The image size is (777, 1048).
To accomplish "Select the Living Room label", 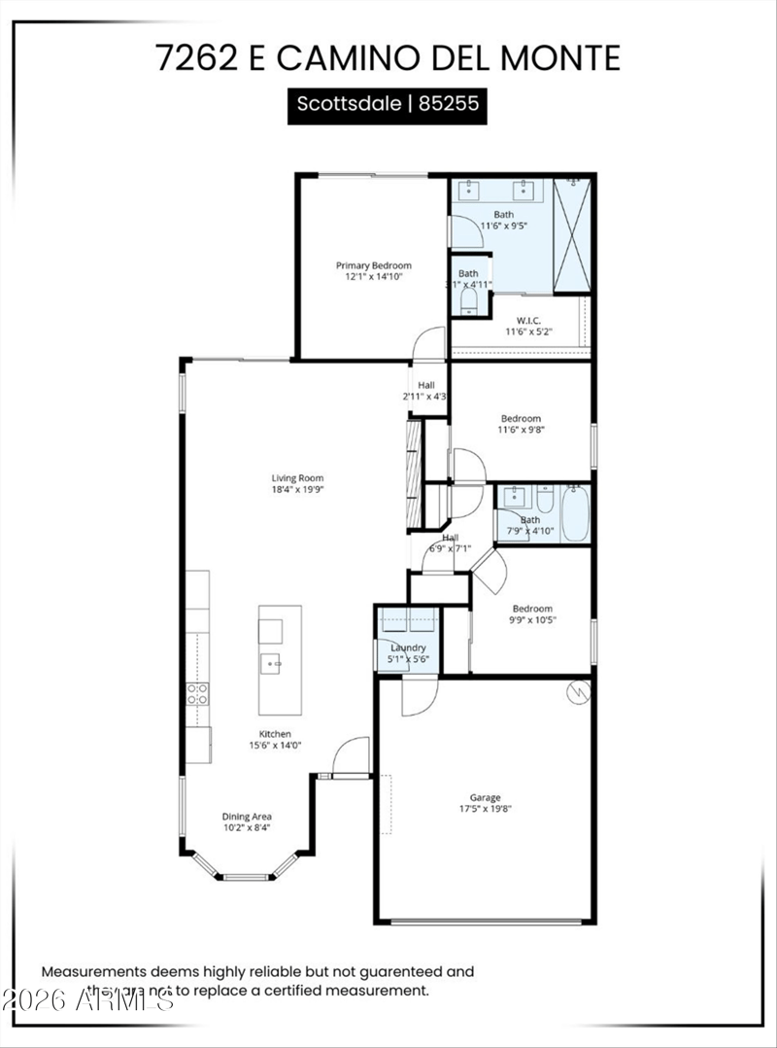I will (297, 478).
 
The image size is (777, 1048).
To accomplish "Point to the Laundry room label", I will (408, 647).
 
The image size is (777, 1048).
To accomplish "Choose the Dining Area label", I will (247, 817).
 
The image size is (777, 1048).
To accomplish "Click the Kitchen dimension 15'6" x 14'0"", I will (275, 747).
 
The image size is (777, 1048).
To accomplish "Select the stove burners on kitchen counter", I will (197, 693).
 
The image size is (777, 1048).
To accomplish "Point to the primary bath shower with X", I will (572, 235).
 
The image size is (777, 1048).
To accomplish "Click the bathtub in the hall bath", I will (574, 512).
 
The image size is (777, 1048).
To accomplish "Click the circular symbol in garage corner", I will (578, 693).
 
